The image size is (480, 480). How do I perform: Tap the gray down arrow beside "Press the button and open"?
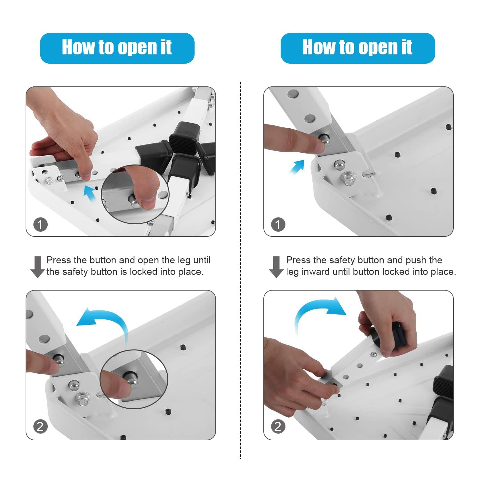(37, 267)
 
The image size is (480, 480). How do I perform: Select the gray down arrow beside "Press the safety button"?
(276, 267)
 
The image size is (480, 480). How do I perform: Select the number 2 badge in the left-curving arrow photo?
(40, 427)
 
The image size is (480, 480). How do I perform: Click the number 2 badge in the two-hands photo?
(278, 427)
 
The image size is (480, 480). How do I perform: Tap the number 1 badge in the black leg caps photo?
(40, 224)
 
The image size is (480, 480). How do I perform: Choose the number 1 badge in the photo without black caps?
(278, 224)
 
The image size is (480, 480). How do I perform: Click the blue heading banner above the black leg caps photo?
(117, 48)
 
